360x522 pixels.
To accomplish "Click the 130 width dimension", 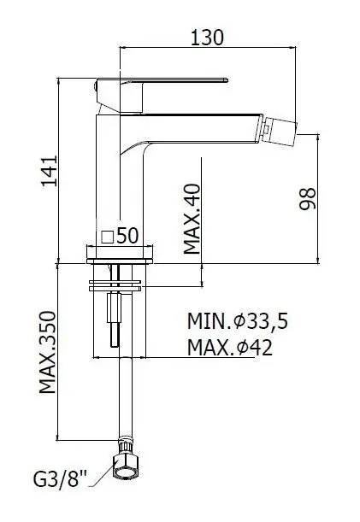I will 208,37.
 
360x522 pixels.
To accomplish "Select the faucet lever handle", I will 162,82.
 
